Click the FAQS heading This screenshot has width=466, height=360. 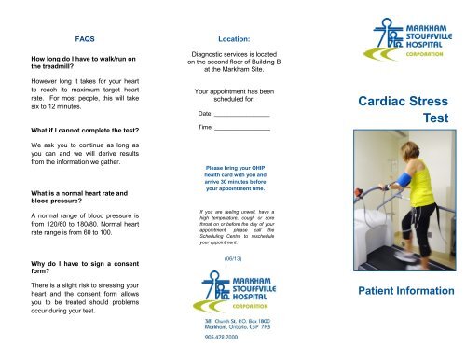pos(87,40)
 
